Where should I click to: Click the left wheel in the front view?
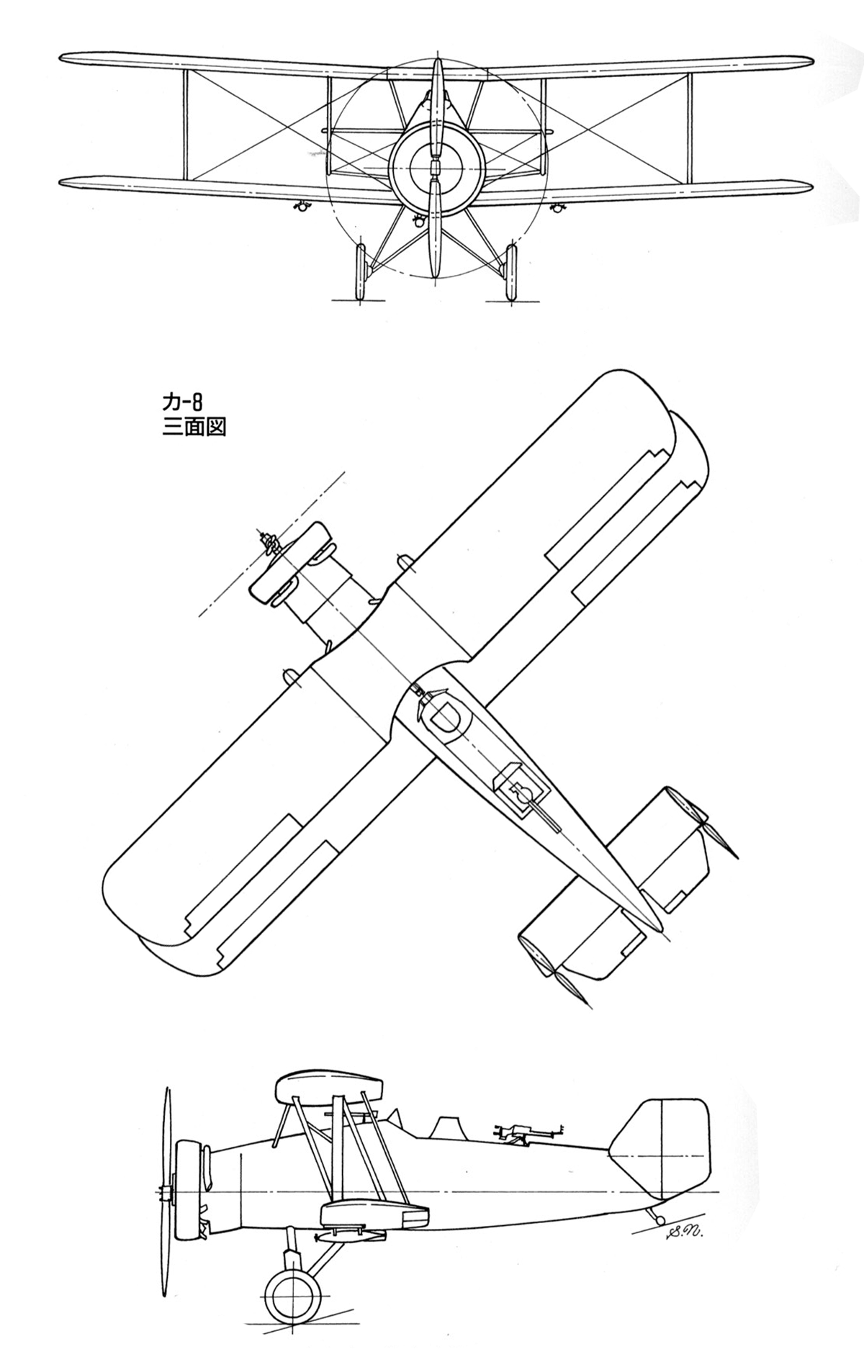click(x=359, y=272)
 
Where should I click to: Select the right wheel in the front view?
click(x=511, y=272)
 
